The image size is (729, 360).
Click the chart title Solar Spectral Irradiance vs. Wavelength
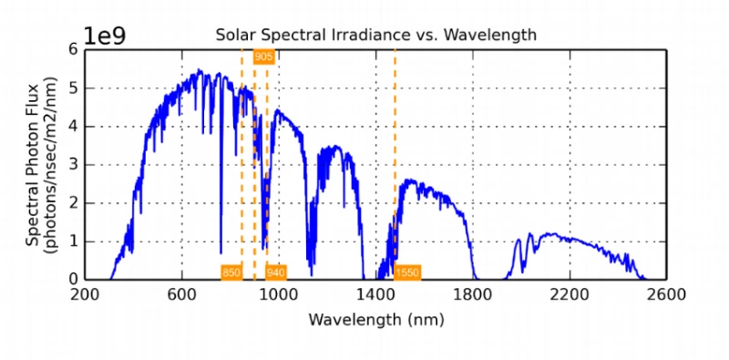(375, 35)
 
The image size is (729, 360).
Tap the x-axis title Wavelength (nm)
(375, 320)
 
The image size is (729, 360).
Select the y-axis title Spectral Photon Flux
(33, 165)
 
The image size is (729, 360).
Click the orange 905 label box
(263, 57)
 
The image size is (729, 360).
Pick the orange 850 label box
(231, 272)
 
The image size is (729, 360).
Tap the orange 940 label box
(276, 272)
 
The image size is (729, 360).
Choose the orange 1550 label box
(407, 272)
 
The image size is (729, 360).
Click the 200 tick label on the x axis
(85, 294)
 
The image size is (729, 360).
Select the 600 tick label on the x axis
(181, 294)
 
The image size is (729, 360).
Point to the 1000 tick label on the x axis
(279, 294)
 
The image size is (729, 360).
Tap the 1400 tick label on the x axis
(375, 294)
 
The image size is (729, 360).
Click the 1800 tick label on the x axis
(473, 294)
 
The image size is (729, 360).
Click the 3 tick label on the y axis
(74, 165)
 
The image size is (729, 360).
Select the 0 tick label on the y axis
(74, 280)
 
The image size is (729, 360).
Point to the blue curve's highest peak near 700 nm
(199, 70)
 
